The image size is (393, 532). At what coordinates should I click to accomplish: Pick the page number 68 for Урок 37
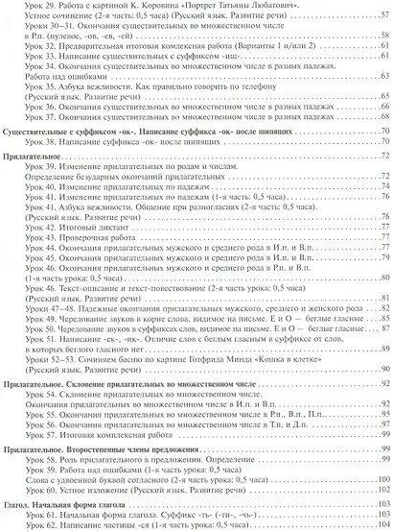pyautogui.click(x=381, y=138)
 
